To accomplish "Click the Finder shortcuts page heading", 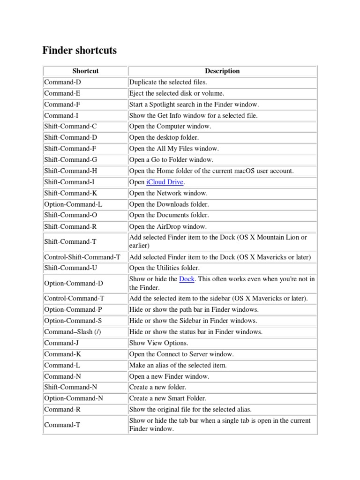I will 80,50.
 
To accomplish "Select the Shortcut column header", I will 85,71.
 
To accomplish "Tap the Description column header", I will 222,71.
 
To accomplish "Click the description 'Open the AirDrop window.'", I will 167,226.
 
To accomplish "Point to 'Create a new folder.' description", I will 157,387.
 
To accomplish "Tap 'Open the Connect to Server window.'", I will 181,354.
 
